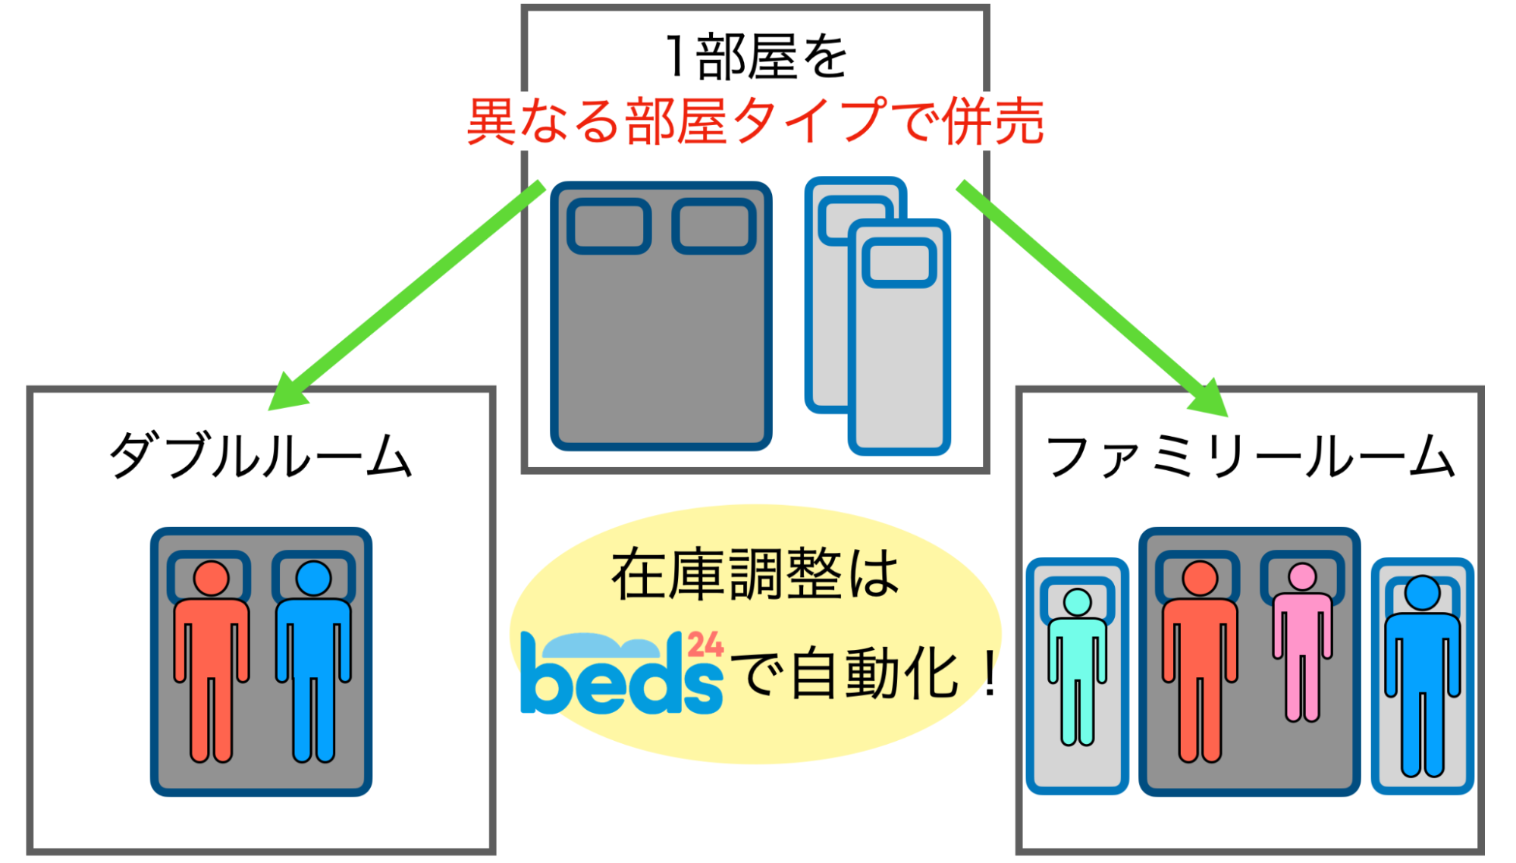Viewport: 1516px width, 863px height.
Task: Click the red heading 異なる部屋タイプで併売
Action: pos(755,121)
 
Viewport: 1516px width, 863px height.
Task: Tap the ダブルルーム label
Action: pos(261,456)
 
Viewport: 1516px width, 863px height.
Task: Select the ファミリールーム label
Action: pos(1250,457)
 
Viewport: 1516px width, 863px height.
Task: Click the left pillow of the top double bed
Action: pos(609,226)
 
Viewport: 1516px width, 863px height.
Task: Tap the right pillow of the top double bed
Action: pos(714,226)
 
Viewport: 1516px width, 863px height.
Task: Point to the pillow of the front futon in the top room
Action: pos(899,262)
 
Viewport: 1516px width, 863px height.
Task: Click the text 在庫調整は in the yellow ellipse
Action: pos(755,575)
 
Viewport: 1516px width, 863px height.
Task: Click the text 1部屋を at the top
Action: pos(755,57)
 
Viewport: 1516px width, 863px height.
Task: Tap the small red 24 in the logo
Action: pos(705,645)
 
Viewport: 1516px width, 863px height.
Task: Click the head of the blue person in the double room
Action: pos(313,579)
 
